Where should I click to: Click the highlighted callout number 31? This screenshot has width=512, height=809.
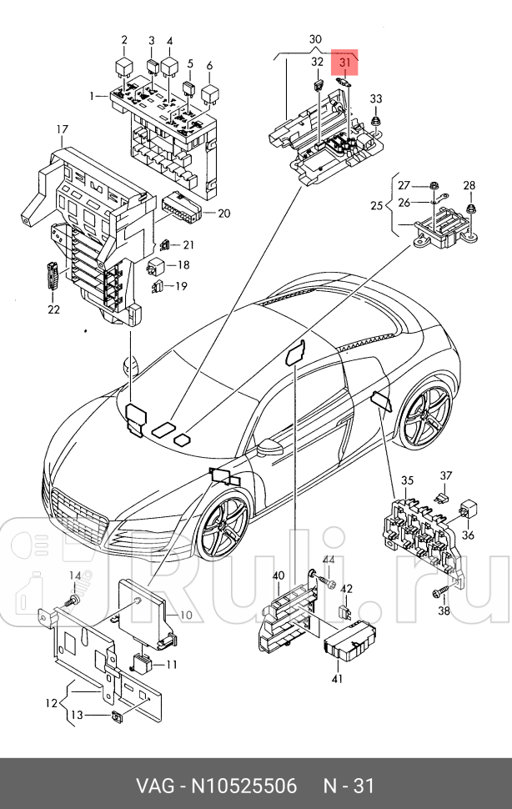(346, 61)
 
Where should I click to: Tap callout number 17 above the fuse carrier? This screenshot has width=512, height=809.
(62, 129)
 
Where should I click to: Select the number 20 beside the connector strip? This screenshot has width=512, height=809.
(223, 213)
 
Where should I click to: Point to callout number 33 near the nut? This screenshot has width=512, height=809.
(376, 99)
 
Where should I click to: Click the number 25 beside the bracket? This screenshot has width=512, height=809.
(376, 205)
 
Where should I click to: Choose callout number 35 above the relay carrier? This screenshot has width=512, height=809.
(407, 480)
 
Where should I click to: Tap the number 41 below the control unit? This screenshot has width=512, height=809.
(337, 680)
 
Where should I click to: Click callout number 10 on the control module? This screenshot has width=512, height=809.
(185, 616)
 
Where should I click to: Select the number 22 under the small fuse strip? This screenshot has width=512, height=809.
(53, 309)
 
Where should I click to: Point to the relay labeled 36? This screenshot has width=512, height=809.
(468, 510)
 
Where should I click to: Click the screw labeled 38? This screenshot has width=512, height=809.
(438, 593)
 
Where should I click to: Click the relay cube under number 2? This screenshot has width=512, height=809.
(123, 65)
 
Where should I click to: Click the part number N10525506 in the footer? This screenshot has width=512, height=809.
(247, 786)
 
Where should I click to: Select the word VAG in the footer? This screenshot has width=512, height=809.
(155, 786)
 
